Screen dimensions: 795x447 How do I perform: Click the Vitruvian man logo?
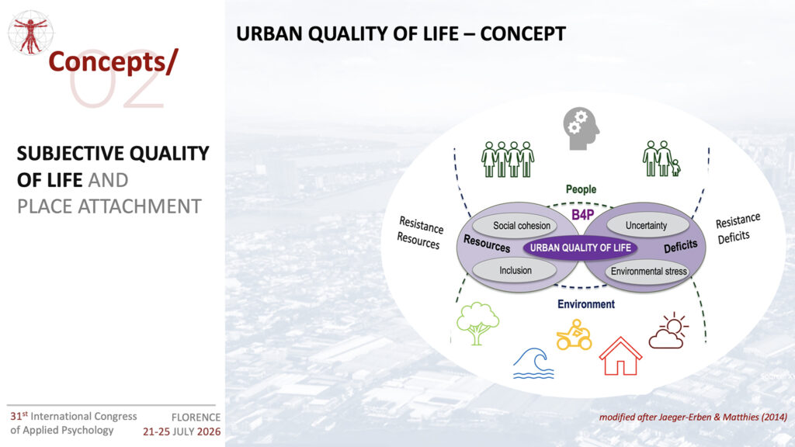pyautogui.click(x=30, y=33)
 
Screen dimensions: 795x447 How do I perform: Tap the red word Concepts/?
pyautogui.click(x=113, y=62)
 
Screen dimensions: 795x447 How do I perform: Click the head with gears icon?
pyautogui.click(x=581, y=128)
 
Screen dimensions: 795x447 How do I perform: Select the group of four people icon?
pyautogui.click(x=508, y=159)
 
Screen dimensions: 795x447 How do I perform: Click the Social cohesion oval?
pyautogui.click(x=516, y=226)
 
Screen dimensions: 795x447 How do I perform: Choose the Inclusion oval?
pyautogui.click(x=515, y=270)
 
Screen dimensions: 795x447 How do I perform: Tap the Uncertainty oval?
pyautogui.click(x=647, y=226)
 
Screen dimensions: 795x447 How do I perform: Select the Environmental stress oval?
pyautogui.click(x=647, y=271)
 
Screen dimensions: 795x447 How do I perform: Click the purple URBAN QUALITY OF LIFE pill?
pyautogui.click(x=580, y=248)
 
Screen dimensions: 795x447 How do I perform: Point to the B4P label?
pyautogui.click(x=582, y=215)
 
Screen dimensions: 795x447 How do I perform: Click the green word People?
pyautogui.click(x=581, y=189)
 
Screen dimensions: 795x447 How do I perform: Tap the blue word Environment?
pyautogui.click(x=586, y=304)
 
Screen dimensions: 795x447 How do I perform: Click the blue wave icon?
pyautogui.click(x=533, y=363)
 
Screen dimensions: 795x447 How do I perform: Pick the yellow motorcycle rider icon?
pyautogui.click(x=574, y=334)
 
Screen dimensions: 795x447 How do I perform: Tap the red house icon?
pyautogui.click(x=620, y=355)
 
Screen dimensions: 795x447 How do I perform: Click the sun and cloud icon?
pyautogui.click(x=668, y=331)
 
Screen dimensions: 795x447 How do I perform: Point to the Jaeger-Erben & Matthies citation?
pyautogui.click(x=693, y=417)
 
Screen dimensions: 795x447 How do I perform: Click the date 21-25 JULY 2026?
pyautogui.click(x=182, y=431)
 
